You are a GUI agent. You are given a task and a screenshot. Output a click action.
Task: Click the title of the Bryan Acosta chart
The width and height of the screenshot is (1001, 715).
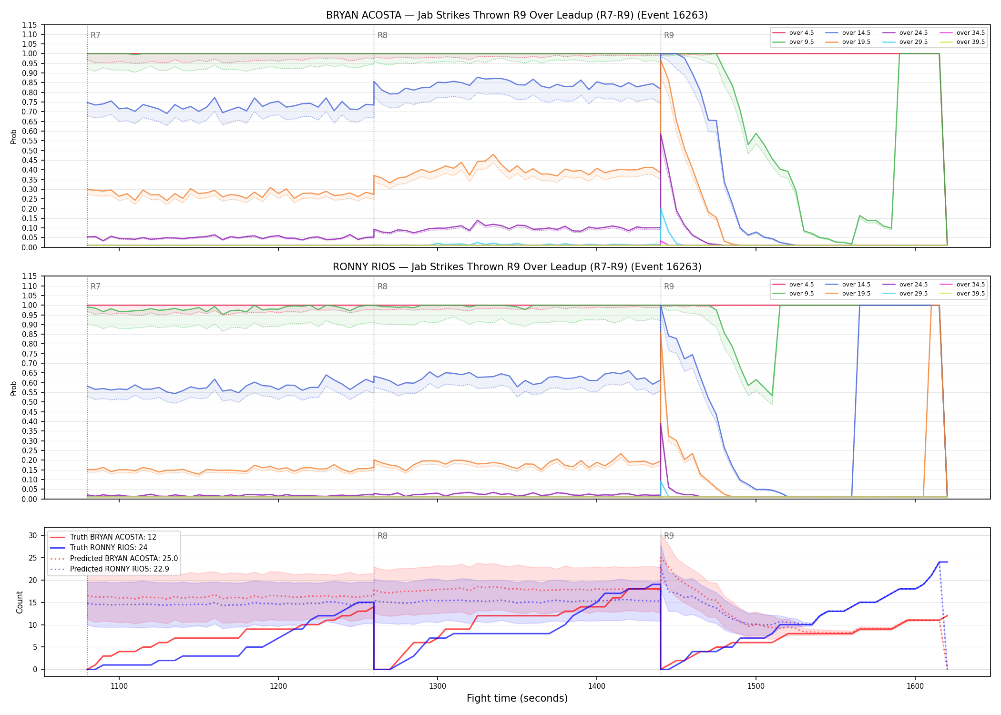tap(517, 15)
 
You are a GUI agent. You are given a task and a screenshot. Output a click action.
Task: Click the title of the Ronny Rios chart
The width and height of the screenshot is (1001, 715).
tap(517, 267)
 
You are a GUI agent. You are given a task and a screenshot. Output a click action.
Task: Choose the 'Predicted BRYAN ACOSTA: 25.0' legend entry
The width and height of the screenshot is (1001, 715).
tap(114, 558)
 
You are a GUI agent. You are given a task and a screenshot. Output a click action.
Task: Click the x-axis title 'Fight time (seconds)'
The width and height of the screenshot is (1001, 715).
tap(517, 698)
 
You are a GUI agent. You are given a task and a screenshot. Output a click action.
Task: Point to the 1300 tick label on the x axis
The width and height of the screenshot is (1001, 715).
tap(438, 686)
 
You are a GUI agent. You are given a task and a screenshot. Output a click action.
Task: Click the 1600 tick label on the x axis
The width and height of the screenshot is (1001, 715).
tap(915, 686)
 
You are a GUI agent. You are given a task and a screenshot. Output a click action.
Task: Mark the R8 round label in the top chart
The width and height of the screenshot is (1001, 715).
tap(382, 35)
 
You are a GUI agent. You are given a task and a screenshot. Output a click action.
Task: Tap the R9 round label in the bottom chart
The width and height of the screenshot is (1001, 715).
tap(669, 536)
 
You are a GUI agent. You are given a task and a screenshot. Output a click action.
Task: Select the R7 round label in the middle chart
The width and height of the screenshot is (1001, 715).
tap(95, 286)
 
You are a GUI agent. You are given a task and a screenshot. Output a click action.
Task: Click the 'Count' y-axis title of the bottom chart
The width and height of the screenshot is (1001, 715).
tap(20, 602)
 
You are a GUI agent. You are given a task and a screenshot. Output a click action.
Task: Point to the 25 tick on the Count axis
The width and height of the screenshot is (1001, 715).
tap(33, 558)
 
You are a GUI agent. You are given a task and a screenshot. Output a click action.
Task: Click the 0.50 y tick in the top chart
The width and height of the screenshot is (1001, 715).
tap(30, 151)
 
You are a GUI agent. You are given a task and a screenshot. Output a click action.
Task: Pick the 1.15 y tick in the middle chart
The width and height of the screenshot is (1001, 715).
tap(30, 276)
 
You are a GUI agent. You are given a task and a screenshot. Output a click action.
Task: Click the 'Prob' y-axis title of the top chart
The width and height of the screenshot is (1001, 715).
tap(14, 136)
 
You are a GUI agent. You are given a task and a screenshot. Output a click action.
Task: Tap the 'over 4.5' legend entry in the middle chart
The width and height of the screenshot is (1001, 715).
tap(793, 285)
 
